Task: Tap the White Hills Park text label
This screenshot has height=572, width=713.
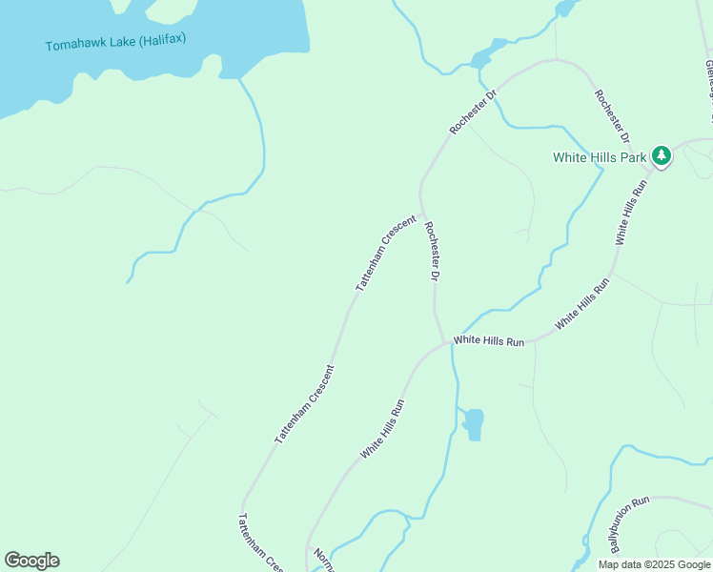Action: pos(600,156)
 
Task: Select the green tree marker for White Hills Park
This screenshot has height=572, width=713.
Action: pos(662,155)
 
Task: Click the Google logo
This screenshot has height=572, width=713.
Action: pos(31,561)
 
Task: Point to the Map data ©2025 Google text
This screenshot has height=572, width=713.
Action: pos(653,564)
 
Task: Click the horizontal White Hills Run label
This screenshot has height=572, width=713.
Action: pos(489,340)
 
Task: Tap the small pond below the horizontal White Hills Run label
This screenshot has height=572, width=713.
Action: pos(473,422)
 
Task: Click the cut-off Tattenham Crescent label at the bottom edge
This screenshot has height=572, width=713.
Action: pos(260,541)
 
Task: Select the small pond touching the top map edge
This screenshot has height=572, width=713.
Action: pos(565,8)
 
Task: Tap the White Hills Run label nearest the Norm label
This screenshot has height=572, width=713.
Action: pos(383,429)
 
